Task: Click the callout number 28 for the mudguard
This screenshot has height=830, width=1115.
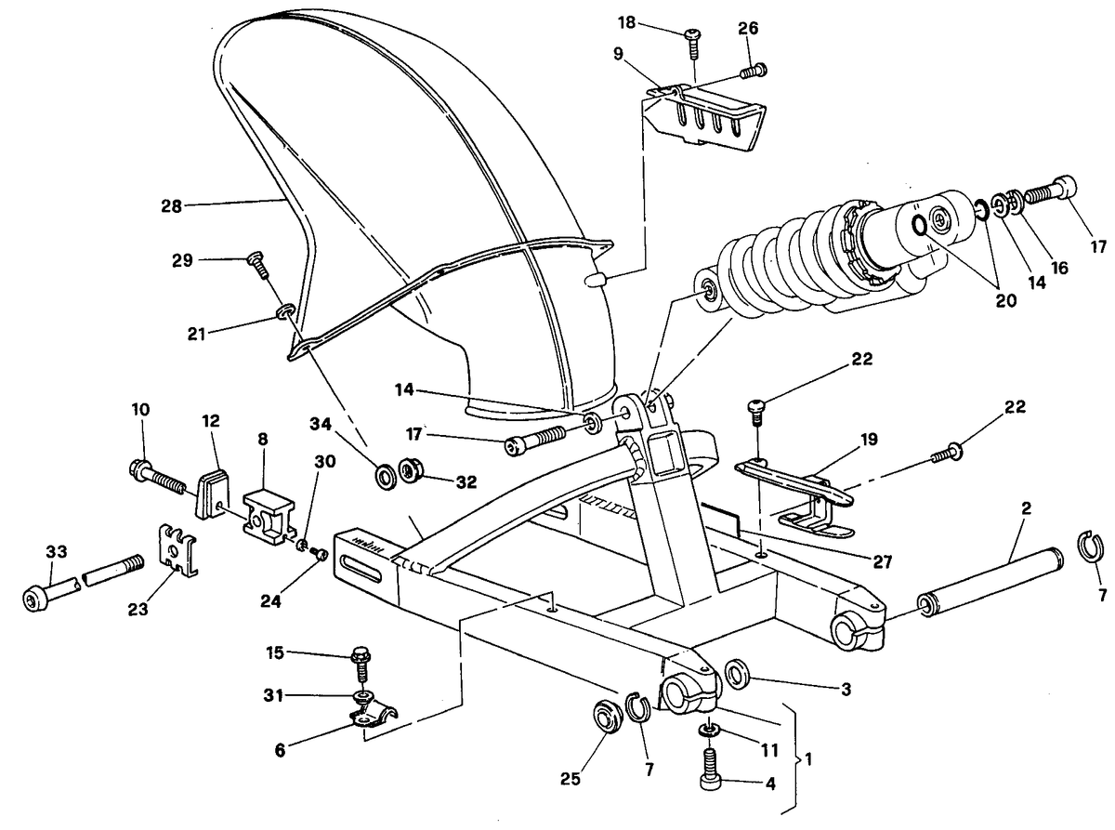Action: point(171,206)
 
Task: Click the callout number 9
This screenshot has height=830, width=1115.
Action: point(618,54)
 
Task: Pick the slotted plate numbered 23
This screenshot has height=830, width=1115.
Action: point(177,550)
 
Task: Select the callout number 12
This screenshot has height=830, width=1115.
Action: point(211,421)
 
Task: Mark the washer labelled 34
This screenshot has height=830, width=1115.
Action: point(387,476)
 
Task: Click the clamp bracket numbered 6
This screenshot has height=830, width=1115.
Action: point(373,716)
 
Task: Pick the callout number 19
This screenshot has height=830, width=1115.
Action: point(869,439)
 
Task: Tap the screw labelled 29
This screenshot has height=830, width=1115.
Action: point(258,266)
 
